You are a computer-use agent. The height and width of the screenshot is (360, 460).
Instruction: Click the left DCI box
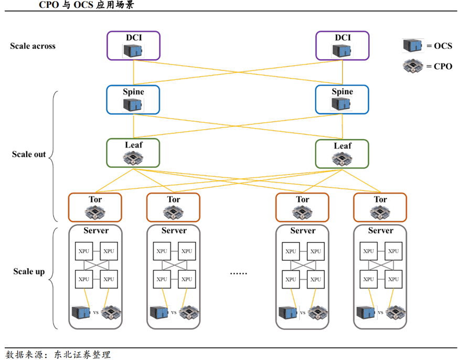[133, 45]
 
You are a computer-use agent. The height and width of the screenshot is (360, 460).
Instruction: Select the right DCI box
[342, 45]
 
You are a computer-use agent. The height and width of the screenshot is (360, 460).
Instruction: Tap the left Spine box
[133, 99]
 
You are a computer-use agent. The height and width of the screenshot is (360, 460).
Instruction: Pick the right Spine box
[342, 99]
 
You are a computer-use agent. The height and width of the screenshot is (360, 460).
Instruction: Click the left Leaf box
[133, 153]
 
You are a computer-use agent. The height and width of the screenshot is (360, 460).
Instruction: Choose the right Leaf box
[342, 153]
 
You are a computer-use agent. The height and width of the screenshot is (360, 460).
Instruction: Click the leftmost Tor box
[95, 207]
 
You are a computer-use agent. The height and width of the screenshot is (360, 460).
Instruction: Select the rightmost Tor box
[380, 207]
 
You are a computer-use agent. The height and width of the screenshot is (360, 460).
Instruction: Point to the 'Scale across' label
[33, 46]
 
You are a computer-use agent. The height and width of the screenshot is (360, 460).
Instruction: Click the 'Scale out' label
[29, 155]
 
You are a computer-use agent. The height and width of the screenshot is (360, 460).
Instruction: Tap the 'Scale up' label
[29, 272]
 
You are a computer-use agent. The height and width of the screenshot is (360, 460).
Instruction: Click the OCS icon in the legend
[413, 46]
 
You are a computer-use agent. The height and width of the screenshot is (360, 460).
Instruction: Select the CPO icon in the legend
[413, 67]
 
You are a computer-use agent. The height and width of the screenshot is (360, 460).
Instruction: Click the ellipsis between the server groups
[238, 272]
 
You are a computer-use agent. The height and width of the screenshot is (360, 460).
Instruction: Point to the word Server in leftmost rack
[96, 230]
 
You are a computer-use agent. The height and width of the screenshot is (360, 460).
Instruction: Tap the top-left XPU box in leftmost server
[84, 251]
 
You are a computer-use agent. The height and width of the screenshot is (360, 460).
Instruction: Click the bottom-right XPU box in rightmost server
[393, 279]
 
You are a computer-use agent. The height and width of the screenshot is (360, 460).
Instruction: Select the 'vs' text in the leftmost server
[95, 312]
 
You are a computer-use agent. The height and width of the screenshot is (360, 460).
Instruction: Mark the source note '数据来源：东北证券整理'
[58, 355]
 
